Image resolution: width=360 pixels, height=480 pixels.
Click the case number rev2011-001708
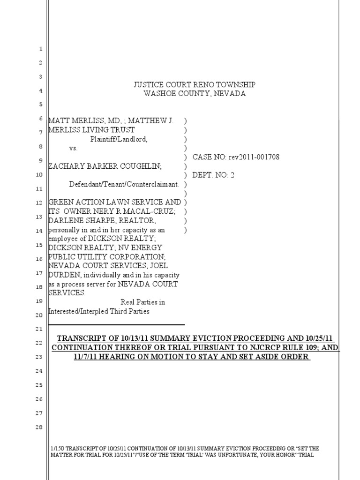[254, 157]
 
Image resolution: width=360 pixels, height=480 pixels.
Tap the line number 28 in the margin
[40, 427]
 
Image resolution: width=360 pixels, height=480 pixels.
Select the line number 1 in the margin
[40, 49]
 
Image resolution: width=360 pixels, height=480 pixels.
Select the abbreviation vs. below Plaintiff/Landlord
[74, 148]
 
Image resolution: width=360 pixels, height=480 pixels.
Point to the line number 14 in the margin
[40, 231]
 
